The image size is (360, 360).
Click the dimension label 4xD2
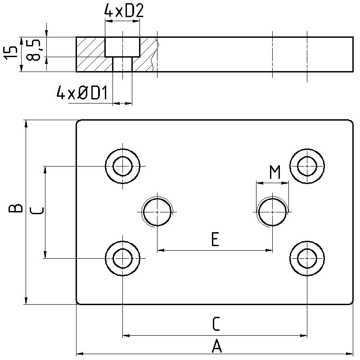tap(123, 11)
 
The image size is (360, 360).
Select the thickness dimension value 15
tap(13, 53)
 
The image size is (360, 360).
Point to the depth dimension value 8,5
tap(35, 49)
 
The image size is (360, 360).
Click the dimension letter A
tap(216, 346)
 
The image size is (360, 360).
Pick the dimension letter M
tap(274, 172)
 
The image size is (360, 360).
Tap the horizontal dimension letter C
tap(216, 324)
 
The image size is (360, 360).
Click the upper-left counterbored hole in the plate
tap(122, 166)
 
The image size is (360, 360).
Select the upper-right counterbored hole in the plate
tap(307, 166)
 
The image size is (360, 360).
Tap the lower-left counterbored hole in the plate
tap(122, 258)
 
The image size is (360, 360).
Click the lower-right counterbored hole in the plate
tap(307, 258)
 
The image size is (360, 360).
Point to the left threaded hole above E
tap(157, 212)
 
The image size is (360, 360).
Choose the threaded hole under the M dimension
tap(272, 212)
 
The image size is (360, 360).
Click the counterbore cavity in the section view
tap(122, 47)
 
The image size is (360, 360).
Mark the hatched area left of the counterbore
tap(90, 54)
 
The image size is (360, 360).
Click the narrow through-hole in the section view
tap(122, 64)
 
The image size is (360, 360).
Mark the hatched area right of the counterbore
tap(147, 56)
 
